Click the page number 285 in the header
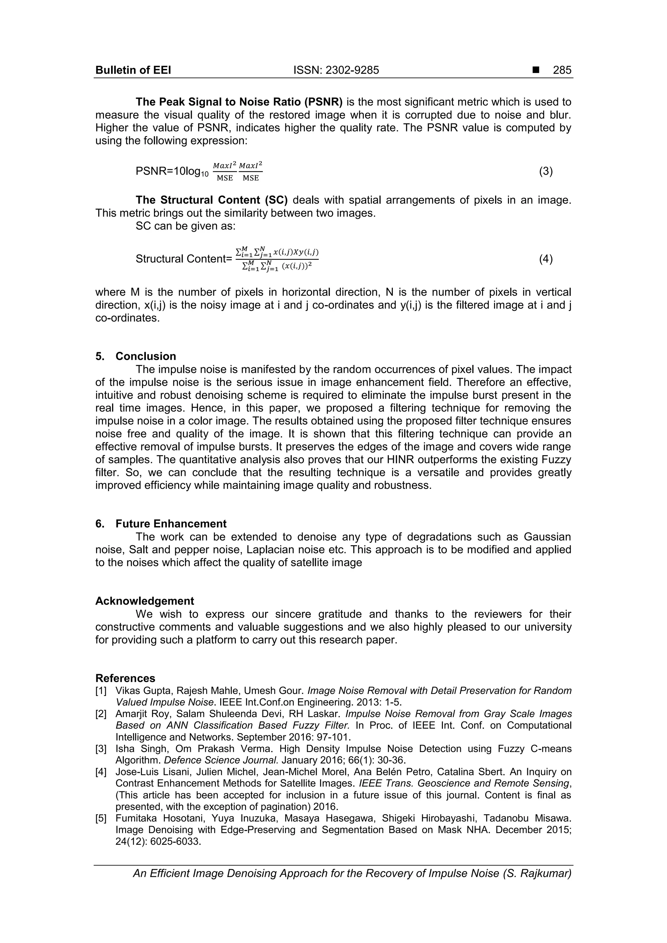tap(562, 70)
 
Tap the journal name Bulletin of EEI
tap(133, 70)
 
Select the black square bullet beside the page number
tap(535, 70)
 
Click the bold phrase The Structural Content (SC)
tap(212, 200)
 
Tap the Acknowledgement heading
tap(145, 601)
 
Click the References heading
tap(125, 678)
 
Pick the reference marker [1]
tap(101, 691)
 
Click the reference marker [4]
tap(101, 772)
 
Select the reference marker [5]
tap(101, 819)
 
